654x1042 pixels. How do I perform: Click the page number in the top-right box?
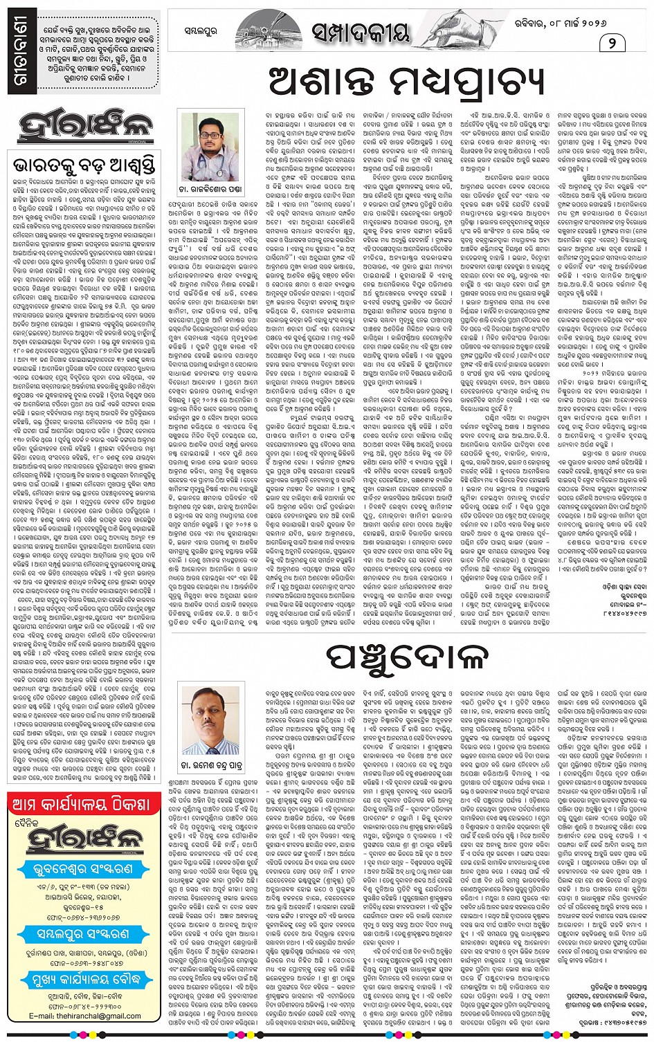click(612, 44)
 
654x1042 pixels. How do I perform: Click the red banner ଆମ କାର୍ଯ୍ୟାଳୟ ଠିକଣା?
click(84, 805)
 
